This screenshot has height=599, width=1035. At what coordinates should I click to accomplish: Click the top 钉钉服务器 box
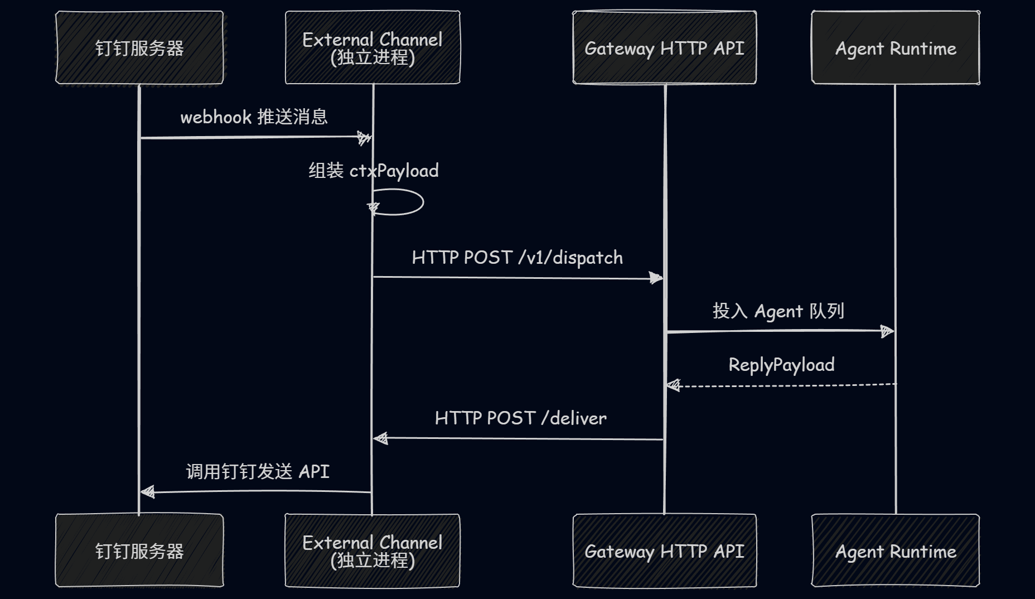[x=139, y=48]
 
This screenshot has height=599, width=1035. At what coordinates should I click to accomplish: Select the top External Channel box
[x=373, y=48]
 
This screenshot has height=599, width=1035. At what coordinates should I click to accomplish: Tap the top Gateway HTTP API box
[x=664, y=48]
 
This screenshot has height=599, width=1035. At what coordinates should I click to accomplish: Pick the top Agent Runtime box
[x=896, y=48]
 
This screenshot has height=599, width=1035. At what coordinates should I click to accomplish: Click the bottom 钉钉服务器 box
[x=139, y=550]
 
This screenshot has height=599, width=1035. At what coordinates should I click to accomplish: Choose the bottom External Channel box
[x=373, y=550]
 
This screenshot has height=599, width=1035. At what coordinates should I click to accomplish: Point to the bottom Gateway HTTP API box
[x=664, y=550]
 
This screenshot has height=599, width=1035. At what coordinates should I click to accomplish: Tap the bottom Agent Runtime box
[x=896, y=550]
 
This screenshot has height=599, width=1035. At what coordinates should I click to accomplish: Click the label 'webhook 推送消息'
[x=254, y=117]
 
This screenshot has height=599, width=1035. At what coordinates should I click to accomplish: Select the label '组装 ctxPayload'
[x=374, y=171]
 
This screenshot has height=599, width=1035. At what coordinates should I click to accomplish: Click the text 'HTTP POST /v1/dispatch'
[x=517, y=258]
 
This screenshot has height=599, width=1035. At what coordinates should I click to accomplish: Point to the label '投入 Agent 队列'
[x=778, y=311]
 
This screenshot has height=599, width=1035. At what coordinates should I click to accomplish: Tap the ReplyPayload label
[x=781, y=365]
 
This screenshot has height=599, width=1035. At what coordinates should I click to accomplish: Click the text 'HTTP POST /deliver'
[x=520, y=418]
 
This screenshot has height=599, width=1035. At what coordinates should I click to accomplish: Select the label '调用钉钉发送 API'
[x=258, y=472]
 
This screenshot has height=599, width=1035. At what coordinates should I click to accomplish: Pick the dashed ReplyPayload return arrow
[x=781, y=385]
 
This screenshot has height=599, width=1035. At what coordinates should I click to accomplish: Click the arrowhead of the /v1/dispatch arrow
[x=656, y=278]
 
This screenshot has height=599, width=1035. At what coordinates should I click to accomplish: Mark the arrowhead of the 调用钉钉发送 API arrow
[x=147, y=492]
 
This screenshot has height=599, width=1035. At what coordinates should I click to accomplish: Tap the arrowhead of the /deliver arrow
[x=381, y=438]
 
